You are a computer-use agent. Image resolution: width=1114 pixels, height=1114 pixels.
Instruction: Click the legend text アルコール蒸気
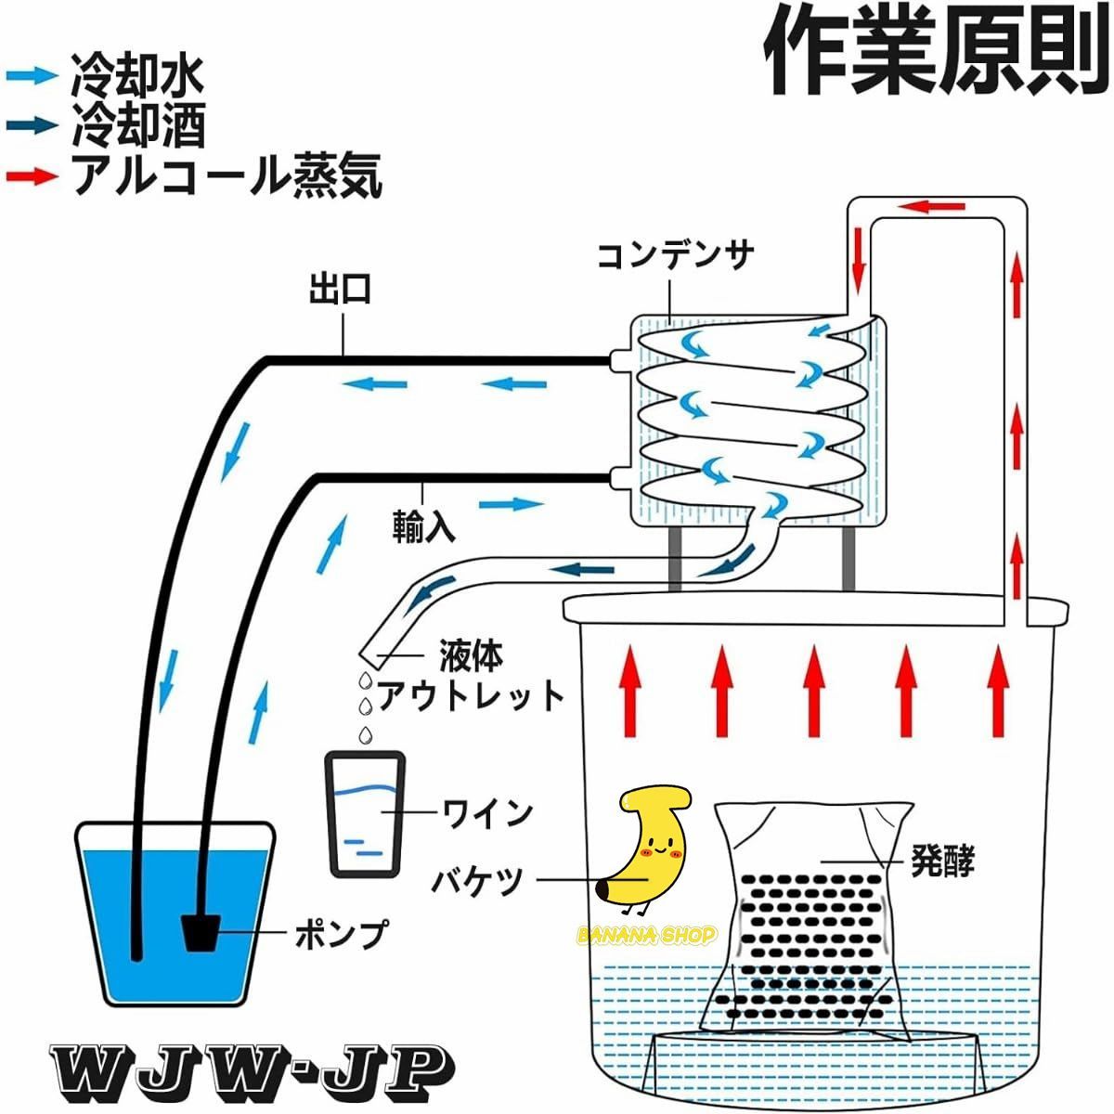(x=227, y=175)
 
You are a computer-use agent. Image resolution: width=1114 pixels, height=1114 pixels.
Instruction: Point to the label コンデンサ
(x=674, y=255)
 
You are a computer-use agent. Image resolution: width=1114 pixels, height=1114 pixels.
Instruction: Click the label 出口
(x=341, y=290)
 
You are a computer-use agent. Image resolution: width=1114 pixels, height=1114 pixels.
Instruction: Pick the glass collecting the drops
(x=365, y=813)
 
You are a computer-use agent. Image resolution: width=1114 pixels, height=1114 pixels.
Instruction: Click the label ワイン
(x=488, y=813)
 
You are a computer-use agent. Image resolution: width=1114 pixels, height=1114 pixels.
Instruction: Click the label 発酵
(x=942, y=861)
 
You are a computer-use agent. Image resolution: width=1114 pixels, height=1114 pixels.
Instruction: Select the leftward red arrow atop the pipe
(x=927, y=206)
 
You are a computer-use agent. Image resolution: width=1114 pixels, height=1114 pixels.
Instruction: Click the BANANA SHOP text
(x=647, y=935)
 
